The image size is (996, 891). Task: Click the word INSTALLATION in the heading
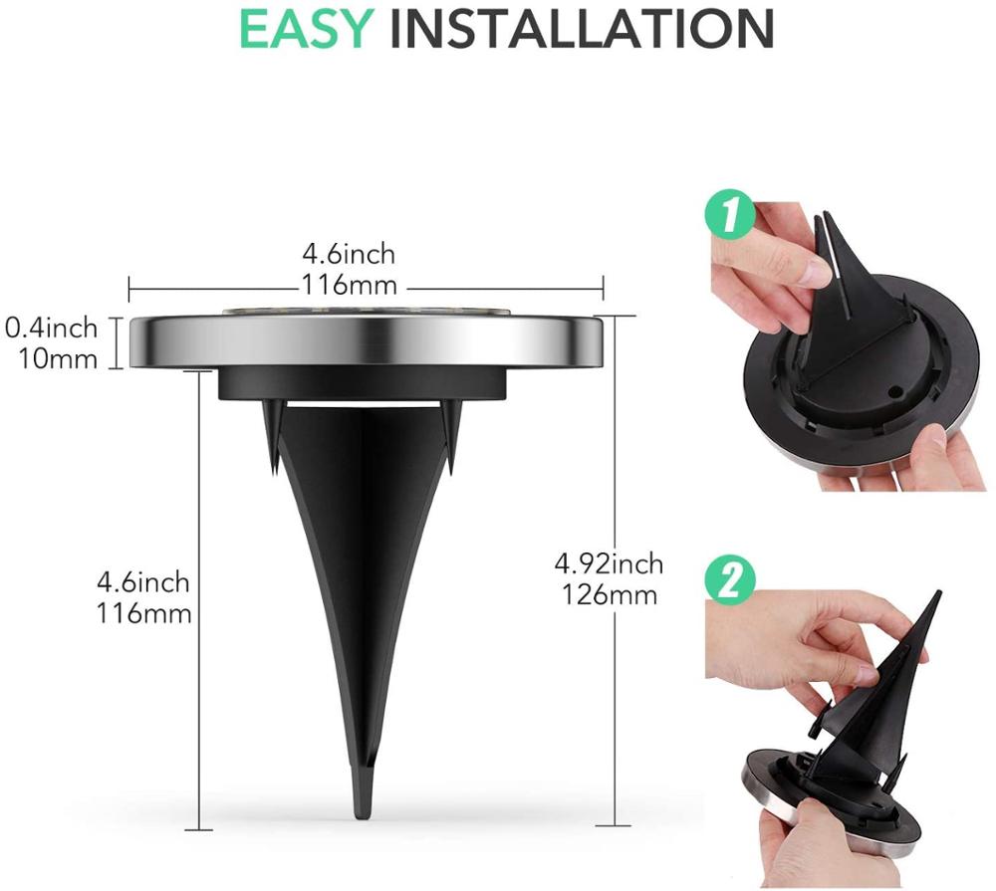582,29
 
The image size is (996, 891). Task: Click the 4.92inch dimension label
608,564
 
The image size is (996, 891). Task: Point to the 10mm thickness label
59,357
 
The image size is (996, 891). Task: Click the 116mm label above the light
349,287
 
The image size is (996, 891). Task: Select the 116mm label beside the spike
144,612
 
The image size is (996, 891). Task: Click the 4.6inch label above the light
350,256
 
